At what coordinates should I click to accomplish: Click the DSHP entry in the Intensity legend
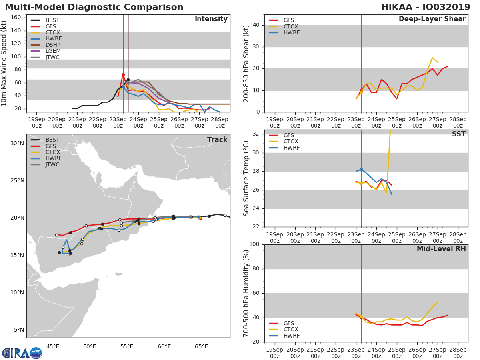tap(52, 45)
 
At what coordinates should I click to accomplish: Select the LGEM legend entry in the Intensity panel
tap(52, 51)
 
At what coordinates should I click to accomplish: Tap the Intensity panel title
tap(211, 19)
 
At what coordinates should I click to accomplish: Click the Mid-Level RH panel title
tap(441, 249)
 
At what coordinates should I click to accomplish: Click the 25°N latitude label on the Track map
tap(17, 180)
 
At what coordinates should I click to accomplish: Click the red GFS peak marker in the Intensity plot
tap(123, 75)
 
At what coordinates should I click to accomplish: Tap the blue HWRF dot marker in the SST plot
tap(361, 170)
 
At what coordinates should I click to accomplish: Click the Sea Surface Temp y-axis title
tap(246, 178)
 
